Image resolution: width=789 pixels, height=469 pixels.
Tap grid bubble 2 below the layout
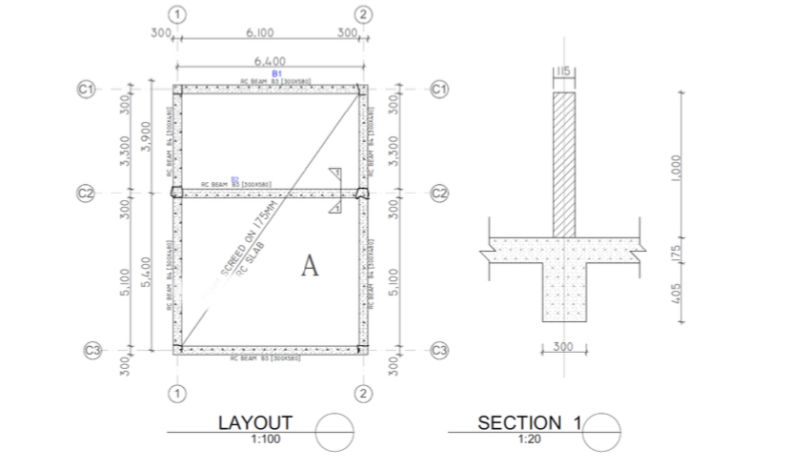tap(362, 393)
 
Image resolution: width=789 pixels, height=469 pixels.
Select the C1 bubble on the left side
tap(87, 89)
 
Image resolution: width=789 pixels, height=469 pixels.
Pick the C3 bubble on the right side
tap(439, 350)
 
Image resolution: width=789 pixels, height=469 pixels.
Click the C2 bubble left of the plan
tap(87, 193)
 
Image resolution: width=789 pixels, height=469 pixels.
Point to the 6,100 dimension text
tap(260, 32)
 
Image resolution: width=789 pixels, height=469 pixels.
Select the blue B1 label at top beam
tap(276, 73)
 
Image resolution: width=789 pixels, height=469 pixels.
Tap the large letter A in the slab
tap(309, 267)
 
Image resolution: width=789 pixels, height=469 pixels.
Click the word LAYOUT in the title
tap(255, 422)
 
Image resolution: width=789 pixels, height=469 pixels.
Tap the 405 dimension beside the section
tap(674, 292)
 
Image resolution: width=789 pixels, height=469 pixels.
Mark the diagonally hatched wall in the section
tap(564, 162)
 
